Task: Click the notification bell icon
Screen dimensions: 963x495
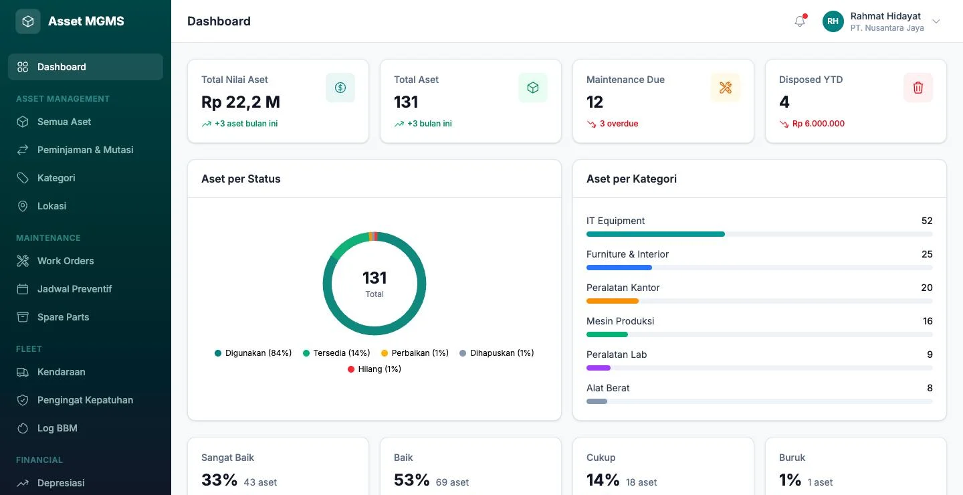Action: point(799,21)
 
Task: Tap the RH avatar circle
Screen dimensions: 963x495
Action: point(833,21)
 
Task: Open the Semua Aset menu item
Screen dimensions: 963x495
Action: point(64,122)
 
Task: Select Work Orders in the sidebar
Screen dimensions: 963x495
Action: point(66,261)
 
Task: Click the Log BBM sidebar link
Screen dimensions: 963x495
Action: point(58,428)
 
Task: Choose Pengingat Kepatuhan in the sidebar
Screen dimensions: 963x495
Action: point(85,400)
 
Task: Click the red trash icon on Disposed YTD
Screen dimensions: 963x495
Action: point(918,88)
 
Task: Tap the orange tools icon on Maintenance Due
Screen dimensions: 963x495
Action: point(725,88)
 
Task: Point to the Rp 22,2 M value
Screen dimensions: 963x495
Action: point(240,102)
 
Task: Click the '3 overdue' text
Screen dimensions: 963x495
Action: point(619,124)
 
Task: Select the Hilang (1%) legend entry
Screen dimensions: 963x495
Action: point(374,369)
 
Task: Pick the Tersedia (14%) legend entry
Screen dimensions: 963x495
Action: point(336,353)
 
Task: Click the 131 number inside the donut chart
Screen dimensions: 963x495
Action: point(374,278)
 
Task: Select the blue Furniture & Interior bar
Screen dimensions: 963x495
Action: point(619,268)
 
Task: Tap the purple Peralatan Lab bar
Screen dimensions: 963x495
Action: point(599,368)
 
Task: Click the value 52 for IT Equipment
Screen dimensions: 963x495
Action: point(927,221)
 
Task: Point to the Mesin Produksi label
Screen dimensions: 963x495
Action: point(621,321)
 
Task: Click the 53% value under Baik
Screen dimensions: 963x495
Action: point(411,480)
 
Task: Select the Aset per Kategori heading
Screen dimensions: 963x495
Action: point(631,179)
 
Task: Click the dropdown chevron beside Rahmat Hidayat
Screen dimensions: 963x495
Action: point(936,21)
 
